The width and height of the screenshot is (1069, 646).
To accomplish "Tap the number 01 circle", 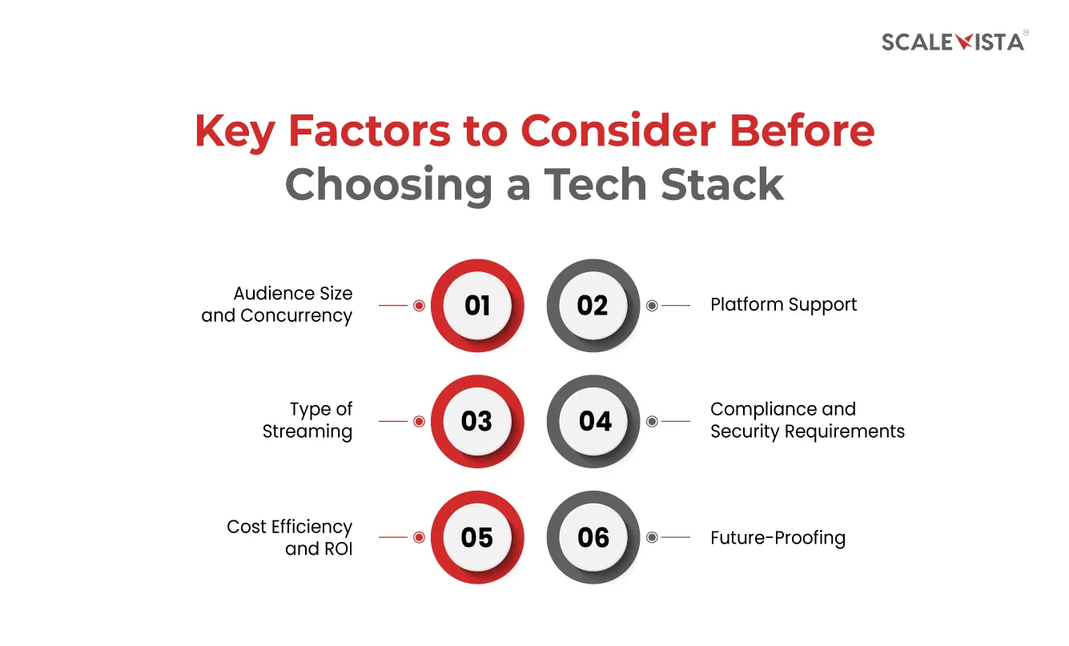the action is point(477,305).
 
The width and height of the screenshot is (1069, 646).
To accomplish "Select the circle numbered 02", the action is point(593,305).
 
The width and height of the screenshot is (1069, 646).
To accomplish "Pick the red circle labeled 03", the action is point(477,421).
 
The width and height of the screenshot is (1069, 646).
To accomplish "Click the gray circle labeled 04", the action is point(593,421).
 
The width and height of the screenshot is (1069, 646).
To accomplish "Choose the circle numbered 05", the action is point(477,537).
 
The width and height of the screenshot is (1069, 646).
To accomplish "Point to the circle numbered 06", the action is point(593,537).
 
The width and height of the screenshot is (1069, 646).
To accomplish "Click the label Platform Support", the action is point(784,305).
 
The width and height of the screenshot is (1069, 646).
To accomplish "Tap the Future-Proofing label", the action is point(778,538).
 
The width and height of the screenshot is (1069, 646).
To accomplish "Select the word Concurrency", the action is point(296,316).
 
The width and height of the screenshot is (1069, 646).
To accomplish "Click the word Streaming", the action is point(307,431).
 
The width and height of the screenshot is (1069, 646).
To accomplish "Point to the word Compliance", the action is point(763,410).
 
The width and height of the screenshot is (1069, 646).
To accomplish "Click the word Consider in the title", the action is point(618,130).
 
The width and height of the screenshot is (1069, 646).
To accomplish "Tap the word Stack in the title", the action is point(722,184).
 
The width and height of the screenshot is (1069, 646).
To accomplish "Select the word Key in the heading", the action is point(235,134).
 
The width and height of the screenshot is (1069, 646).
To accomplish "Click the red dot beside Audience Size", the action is point(419,305).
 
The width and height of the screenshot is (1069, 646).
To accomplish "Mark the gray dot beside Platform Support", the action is point(652,305).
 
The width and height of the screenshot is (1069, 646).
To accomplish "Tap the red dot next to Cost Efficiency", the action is point(419,537).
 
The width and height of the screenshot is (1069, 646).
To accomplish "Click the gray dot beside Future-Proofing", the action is point(652,537).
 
